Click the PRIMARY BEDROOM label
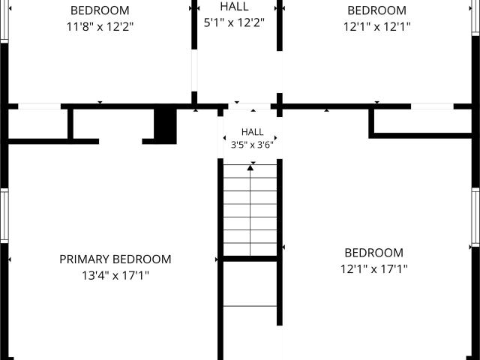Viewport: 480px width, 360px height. tap(115, 259)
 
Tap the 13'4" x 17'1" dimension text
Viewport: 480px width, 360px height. tap(115, 275)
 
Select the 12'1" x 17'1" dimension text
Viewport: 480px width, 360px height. tap(374, 269)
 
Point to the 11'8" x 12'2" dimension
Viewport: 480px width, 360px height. tap(100, 27)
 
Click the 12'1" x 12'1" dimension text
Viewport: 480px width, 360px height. tap(376, 27)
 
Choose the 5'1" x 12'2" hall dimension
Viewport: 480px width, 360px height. tap(234, 22)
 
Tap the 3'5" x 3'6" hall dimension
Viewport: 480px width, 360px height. tap(252, 145)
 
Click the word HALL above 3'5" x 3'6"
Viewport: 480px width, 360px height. tap(252, 132)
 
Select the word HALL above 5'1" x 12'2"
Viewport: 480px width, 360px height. tap(234, 7)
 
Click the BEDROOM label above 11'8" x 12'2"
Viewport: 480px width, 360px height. tap(100, 10)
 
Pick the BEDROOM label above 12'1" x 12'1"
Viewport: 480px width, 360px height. tap(376, 10)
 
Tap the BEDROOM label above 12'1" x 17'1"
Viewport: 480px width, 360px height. tap(373, 253)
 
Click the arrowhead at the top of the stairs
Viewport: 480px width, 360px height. tap(250, 167)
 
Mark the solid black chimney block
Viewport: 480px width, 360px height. tap(165, 126)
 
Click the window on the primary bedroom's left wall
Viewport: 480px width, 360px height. tap(4, 216)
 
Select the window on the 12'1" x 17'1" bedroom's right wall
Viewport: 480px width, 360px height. tap(475, 217)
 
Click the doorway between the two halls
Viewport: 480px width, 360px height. tap(249, 106)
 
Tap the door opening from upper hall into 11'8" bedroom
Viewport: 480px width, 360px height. tap(194, 70)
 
